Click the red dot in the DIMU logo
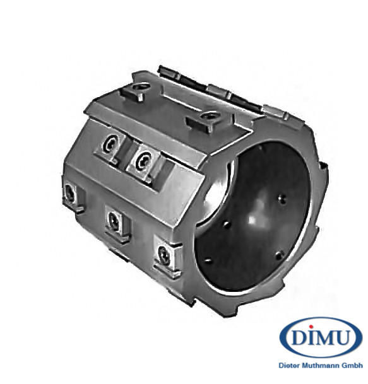point(311,327)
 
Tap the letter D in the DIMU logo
point(299,337)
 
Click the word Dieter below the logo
point(290,365)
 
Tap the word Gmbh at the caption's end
point(352,365)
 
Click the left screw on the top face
point(141,86)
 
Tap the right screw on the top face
point(210,115)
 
